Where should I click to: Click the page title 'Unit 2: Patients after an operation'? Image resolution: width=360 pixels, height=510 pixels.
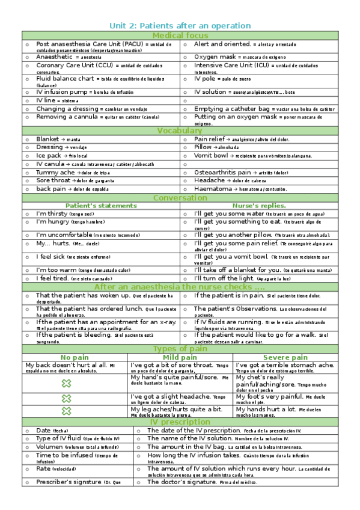tap(180, 25)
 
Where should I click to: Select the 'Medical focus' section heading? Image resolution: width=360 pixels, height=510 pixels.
tap(180, 35)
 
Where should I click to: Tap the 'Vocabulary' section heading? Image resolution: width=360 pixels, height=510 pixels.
tap(180, 131)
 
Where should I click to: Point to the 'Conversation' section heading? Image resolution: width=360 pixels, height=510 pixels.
tap(180, 198)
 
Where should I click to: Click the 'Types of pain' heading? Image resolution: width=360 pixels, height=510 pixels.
tap(180, 349)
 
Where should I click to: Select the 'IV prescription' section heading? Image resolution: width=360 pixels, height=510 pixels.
tap(180, 422)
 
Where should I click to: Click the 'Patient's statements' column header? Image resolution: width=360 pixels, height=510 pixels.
tap(101, 206)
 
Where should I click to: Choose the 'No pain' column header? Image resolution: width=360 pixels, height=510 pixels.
tap(75, 357)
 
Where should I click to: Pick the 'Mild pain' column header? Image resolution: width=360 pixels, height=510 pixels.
tap(180, 357)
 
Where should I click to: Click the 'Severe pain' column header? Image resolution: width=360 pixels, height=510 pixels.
tap(285, 357)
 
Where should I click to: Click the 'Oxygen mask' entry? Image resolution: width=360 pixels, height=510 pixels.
tap(215, 57)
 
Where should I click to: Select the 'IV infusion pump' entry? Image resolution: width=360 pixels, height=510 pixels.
tap(61, 92)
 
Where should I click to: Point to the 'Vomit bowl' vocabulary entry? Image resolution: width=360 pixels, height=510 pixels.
tap(211, 155)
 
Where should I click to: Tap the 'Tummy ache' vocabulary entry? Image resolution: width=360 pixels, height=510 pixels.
tap(55, 172)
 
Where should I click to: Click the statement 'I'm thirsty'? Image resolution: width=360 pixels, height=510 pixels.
tap(52, 214)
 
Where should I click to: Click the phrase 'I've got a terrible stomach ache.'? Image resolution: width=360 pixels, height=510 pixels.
tap(284, 364)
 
